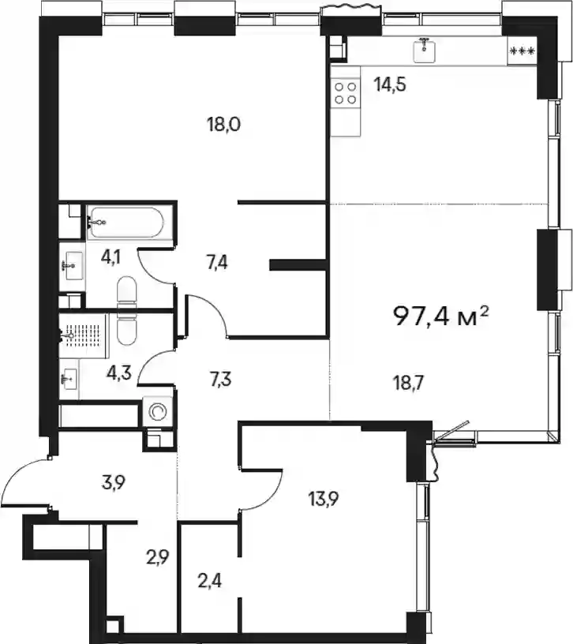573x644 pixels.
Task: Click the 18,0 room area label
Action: coord(224,124)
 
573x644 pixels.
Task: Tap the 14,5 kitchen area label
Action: coord(390,84)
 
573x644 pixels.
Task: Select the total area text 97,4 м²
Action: coord(441,316)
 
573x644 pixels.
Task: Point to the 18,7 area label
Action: coord(407,384)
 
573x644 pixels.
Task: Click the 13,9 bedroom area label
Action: coord(324,500)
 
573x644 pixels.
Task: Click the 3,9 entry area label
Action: coord(114,483)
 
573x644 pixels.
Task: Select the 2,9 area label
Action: coord(158,558)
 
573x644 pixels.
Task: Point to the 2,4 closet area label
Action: coord(209,581)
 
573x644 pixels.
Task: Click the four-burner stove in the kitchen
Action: coord(346,93)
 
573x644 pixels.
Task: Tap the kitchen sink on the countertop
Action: coord(425,50)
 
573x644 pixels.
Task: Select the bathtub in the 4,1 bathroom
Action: coord(125,223)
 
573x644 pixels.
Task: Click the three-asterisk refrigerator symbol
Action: coord(522,51)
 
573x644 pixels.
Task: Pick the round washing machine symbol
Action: coord(157,411)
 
